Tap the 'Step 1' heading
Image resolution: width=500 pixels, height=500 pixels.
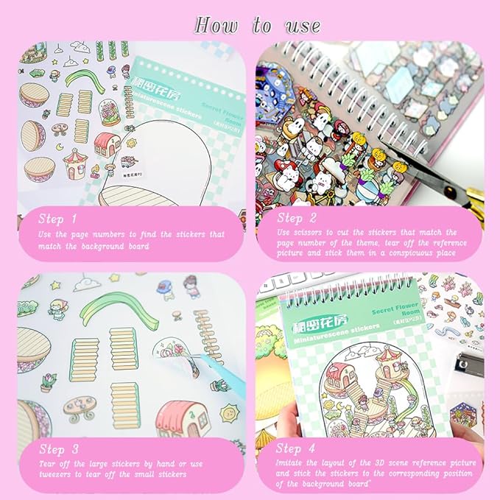pyautogui.click(x=57, y=219)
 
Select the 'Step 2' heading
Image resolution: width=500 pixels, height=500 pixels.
pyautogui.click(x=297, y=218)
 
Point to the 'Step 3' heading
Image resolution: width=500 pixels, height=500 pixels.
pyautogui.click(x=57, y=448)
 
